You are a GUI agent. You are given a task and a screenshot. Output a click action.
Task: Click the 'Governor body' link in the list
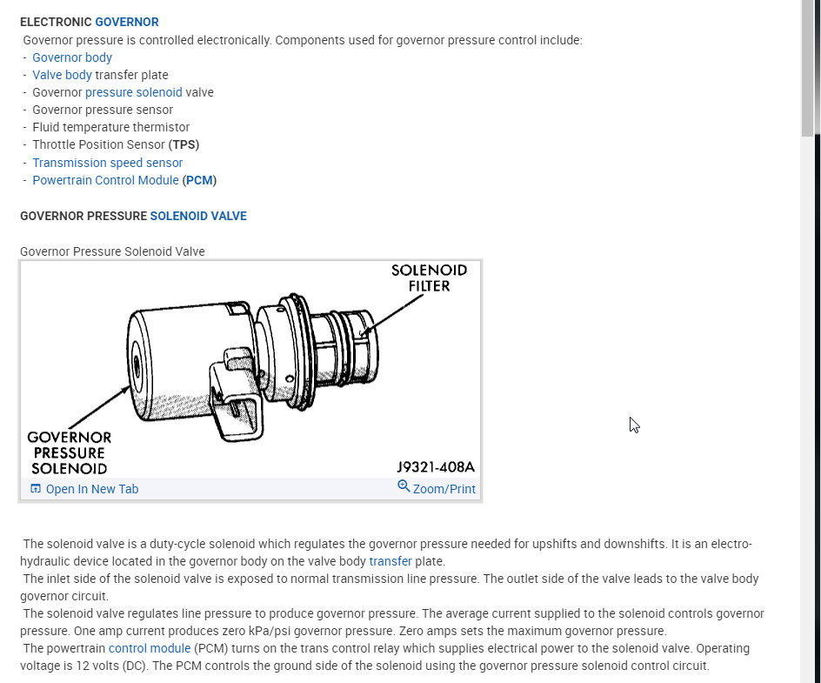72,57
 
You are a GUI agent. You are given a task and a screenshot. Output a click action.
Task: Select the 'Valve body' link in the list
62,75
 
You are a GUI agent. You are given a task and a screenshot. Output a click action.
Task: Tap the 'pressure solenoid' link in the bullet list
134,92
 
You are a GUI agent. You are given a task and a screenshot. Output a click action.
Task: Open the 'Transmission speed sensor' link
108,163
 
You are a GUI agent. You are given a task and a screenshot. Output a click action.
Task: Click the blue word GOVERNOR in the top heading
127,22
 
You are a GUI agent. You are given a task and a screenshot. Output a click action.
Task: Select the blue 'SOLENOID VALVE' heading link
198,216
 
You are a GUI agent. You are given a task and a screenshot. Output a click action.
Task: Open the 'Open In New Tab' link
91,489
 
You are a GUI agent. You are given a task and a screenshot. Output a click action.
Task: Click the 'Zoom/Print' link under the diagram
444,489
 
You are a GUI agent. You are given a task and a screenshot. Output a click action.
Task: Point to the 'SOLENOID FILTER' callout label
429,278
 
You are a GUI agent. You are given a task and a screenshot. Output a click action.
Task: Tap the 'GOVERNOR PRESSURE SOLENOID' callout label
70,452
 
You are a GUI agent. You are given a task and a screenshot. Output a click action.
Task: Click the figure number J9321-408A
435,467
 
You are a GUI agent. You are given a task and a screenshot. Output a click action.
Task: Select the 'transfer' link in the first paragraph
390,561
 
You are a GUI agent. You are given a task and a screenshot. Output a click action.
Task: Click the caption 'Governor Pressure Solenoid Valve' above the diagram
112,251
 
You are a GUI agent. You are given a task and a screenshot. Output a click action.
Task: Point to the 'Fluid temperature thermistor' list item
110,127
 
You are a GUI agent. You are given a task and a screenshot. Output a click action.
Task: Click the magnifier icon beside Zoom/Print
404,486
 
